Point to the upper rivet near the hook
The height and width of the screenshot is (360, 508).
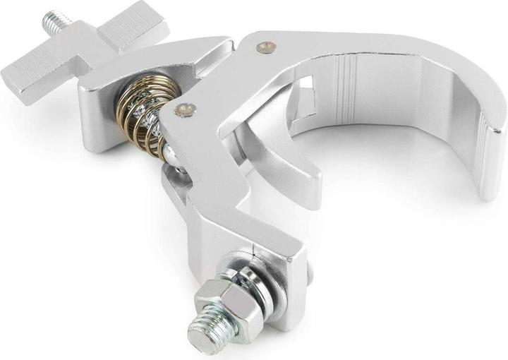coord(265,47)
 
